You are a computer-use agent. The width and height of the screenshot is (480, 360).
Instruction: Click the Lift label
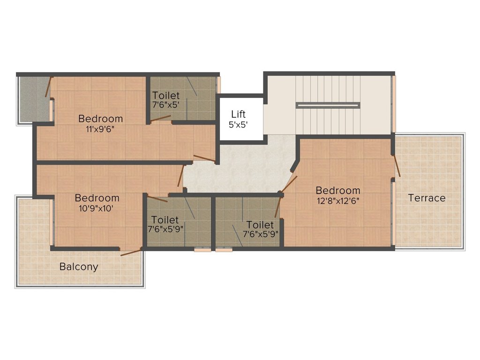tap(238, 114)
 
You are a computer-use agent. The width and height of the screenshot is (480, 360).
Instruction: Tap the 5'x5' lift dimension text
tap(238, 125)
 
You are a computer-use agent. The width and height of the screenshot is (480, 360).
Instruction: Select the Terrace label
tap(427, 198)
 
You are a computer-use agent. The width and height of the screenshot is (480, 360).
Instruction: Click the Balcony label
tap(79, 267)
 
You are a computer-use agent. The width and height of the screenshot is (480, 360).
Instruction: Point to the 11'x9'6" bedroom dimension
tap(100, 129)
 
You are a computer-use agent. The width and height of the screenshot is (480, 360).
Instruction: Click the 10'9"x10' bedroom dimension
tap(97, 209)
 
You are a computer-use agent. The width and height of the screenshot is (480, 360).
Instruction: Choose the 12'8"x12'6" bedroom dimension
tap(338, 201)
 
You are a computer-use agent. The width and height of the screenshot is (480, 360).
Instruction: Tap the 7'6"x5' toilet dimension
tap(165, 105)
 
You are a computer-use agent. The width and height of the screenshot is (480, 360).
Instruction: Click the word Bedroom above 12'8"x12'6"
tap(338, 190)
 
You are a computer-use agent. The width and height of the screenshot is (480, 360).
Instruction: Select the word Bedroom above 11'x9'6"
tap(100, 119)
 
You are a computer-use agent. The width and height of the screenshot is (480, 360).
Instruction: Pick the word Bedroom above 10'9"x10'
tap(97, 198)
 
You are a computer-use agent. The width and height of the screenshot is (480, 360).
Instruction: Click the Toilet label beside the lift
tap(166, 95)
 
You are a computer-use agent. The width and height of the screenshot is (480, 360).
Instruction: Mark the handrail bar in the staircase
tap(328, 105)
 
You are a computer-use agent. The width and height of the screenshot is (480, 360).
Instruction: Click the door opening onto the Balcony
tap(131, 252)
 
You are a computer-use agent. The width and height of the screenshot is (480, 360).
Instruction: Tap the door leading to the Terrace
tap(397, 166)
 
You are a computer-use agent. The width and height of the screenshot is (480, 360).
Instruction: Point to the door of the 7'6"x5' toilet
tap(161, 119)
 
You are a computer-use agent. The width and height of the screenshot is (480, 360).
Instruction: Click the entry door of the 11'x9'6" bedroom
tap(204, 158)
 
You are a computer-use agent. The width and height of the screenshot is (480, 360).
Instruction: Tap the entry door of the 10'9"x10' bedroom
tap(181, 176)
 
